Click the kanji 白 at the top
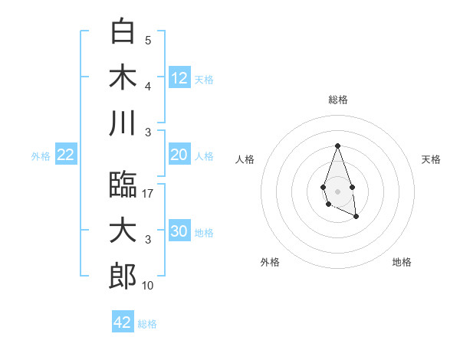click(x=123, y=31)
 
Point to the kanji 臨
click(x=123, y=185)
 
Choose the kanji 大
click(x=123, y=231)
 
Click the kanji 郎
click(x=123, y=277)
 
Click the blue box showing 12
click(x=179, y=77)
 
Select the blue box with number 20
click(x=179, y=155)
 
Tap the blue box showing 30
click(x=179, y=231)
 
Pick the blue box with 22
click(x=66, y=155)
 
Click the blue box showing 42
click(x=123, y=322)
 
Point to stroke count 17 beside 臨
click(x=149, y=195)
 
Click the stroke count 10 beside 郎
click(x=149, y=286)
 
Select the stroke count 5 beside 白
click(x=148, y=41)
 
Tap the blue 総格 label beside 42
click(x=148, y=324)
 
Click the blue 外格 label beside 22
click(x=41, y=156)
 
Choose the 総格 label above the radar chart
click(x=337, y=100)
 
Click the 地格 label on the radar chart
click(x=402, y=262)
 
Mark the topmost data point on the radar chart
click(x=337, y=146)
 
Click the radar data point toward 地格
click(x=357, y=218)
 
